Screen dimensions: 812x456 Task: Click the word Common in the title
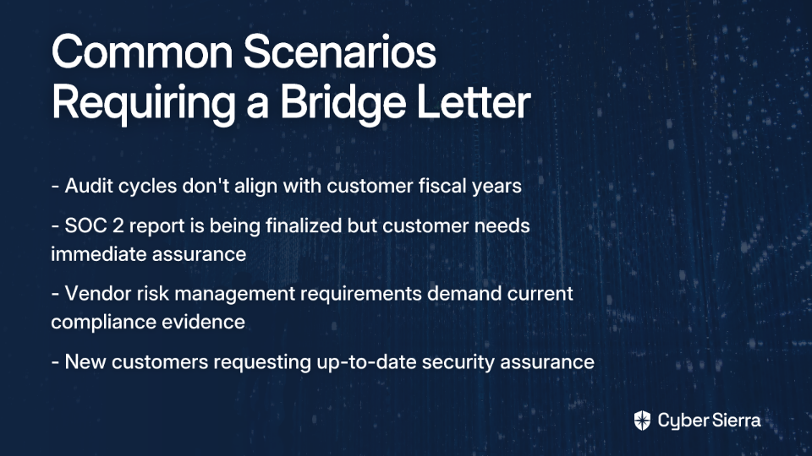[x=142, y=52]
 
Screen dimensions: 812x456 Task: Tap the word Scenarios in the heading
[x=340, y=52]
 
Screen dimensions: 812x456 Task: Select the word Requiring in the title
[x=144, y=103]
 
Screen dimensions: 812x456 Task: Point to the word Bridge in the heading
[x=343, y=103]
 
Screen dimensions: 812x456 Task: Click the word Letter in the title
[x=474, y=102]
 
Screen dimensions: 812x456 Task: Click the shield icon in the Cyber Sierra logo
[x=642, y=421]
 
